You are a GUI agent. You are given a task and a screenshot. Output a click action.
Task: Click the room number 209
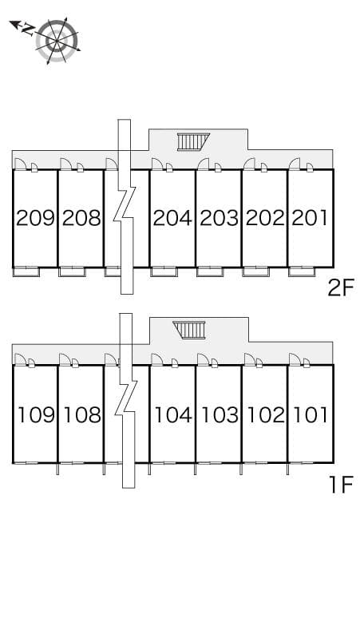[35, 218]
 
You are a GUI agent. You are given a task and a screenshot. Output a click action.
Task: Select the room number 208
[81, 218]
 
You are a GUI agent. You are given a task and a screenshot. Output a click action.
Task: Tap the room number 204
[172, 218]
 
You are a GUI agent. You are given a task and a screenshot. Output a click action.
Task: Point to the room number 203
[219, 218]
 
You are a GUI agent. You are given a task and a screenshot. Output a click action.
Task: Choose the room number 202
[265, 218]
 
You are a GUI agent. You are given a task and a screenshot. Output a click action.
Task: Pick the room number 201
[310, 218]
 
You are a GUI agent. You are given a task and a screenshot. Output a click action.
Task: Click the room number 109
[36, 414]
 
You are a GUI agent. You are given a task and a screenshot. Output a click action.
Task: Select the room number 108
[82, 414]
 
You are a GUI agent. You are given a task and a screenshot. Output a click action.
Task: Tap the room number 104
[173, 414]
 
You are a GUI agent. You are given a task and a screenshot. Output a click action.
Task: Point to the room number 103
[220, 414]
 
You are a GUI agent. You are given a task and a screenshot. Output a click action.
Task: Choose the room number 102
[266, 414]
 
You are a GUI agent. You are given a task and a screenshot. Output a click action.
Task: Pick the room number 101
[311, 414]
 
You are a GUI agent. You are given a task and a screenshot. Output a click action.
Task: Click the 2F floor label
[341, 287]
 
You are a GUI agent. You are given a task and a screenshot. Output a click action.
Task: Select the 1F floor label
[341, 485]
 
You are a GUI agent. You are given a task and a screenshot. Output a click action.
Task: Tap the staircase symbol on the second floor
[193, 142]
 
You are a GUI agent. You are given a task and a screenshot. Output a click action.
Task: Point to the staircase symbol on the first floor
[189, 330]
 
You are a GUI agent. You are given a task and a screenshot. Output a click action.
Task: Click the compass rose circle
[57, 41]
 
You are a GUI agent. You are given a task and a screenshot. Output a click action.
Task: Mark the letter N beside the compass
[27, 30]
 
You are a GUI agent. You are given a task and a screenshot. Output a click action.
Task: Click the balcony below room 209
[26, 271]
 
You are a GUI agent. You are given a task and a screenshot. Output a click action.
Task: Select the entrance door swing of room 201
[295, 164]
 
